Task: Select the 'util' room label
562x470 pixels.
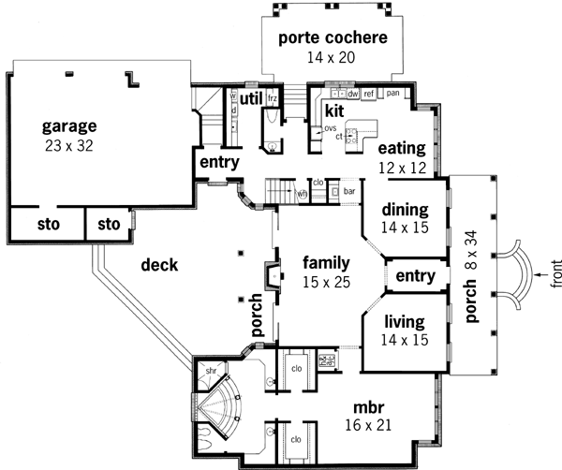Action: coord(250,97)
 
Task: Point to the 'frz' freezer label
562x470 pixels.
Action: coord(274,97)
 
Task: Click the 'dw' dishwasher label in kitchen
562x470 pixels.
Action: coord(353,94)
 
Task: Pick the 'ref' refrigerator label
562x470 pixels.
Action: coord(370,94)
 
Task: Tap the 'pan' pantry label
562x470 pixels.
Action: coord(392,94)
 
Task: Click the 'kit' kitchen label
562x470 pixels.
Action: coord(335,111)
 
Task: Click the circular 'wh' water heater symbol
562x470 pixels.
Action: coord(303,194)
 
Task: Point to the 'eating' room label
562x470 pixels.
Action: coord(402,148)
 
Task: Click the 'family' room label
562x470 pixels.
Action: coord(325,263)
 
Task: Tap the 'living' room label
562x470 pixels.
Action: coord(405,323)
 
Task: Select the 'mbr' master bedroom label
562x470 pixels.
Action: coord(367,408)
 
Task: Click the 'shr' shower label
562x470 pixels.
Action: coord(211,369)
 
